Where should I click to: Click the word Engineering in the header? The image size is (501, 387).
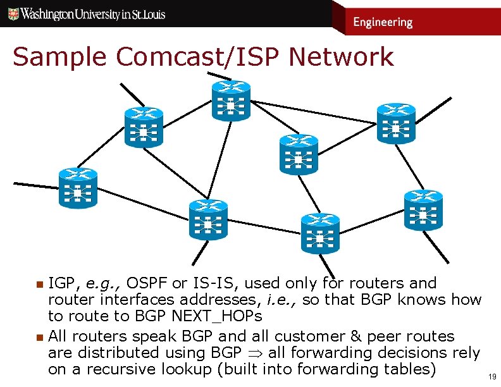(x=382, y=22)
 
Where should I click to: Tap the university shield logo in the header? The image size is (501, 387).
(x=13, y=13)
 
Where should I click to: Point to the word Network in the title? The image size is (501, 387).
(x=341, y=57)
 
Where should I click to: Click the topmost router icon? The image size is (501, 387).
(x=231, y=101)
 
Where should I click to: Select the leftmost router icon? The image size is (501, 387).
(x=78, y=188)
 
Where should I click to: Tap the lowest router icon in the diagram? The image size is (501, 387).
(x=320, y=233)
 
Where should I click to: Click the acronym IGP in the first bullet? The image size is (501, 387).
(x=63, y=283)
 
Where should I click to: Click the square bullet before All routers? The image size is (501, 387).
(x=39, y=336)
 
